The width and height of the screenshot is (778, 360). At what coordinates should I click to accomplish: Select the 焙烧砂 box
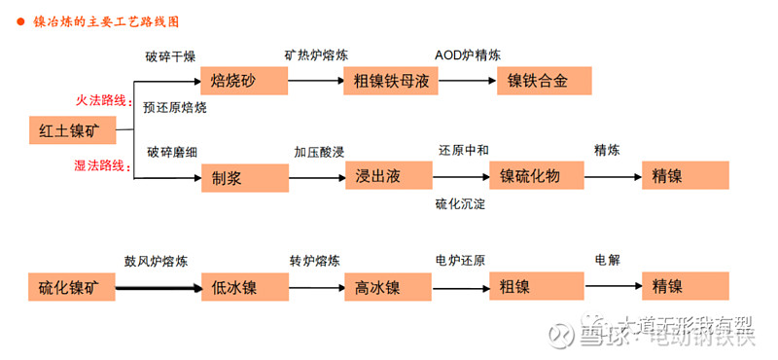[244, 80]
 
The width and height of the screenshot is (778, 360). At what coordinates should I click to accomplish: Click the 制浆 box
[244, 176]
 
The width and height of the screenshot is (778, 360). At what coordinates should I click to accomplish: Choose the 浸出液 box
[387, 176]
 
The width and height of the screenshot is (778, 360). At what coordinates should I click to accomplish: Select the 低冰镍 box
[244, 286]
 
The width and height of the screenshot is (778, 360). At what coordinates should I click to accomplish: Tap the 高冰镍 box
[387, 286]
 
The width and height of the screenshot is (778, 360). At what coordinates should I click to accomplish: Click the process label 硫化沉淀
[460, 203]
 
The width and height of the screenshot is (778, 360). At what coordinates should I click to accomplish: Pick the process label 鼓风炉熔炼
[156, 261]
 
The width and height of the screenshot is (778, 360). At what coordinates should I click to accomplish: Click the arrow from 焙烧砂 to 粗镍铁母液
[316, 80]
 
